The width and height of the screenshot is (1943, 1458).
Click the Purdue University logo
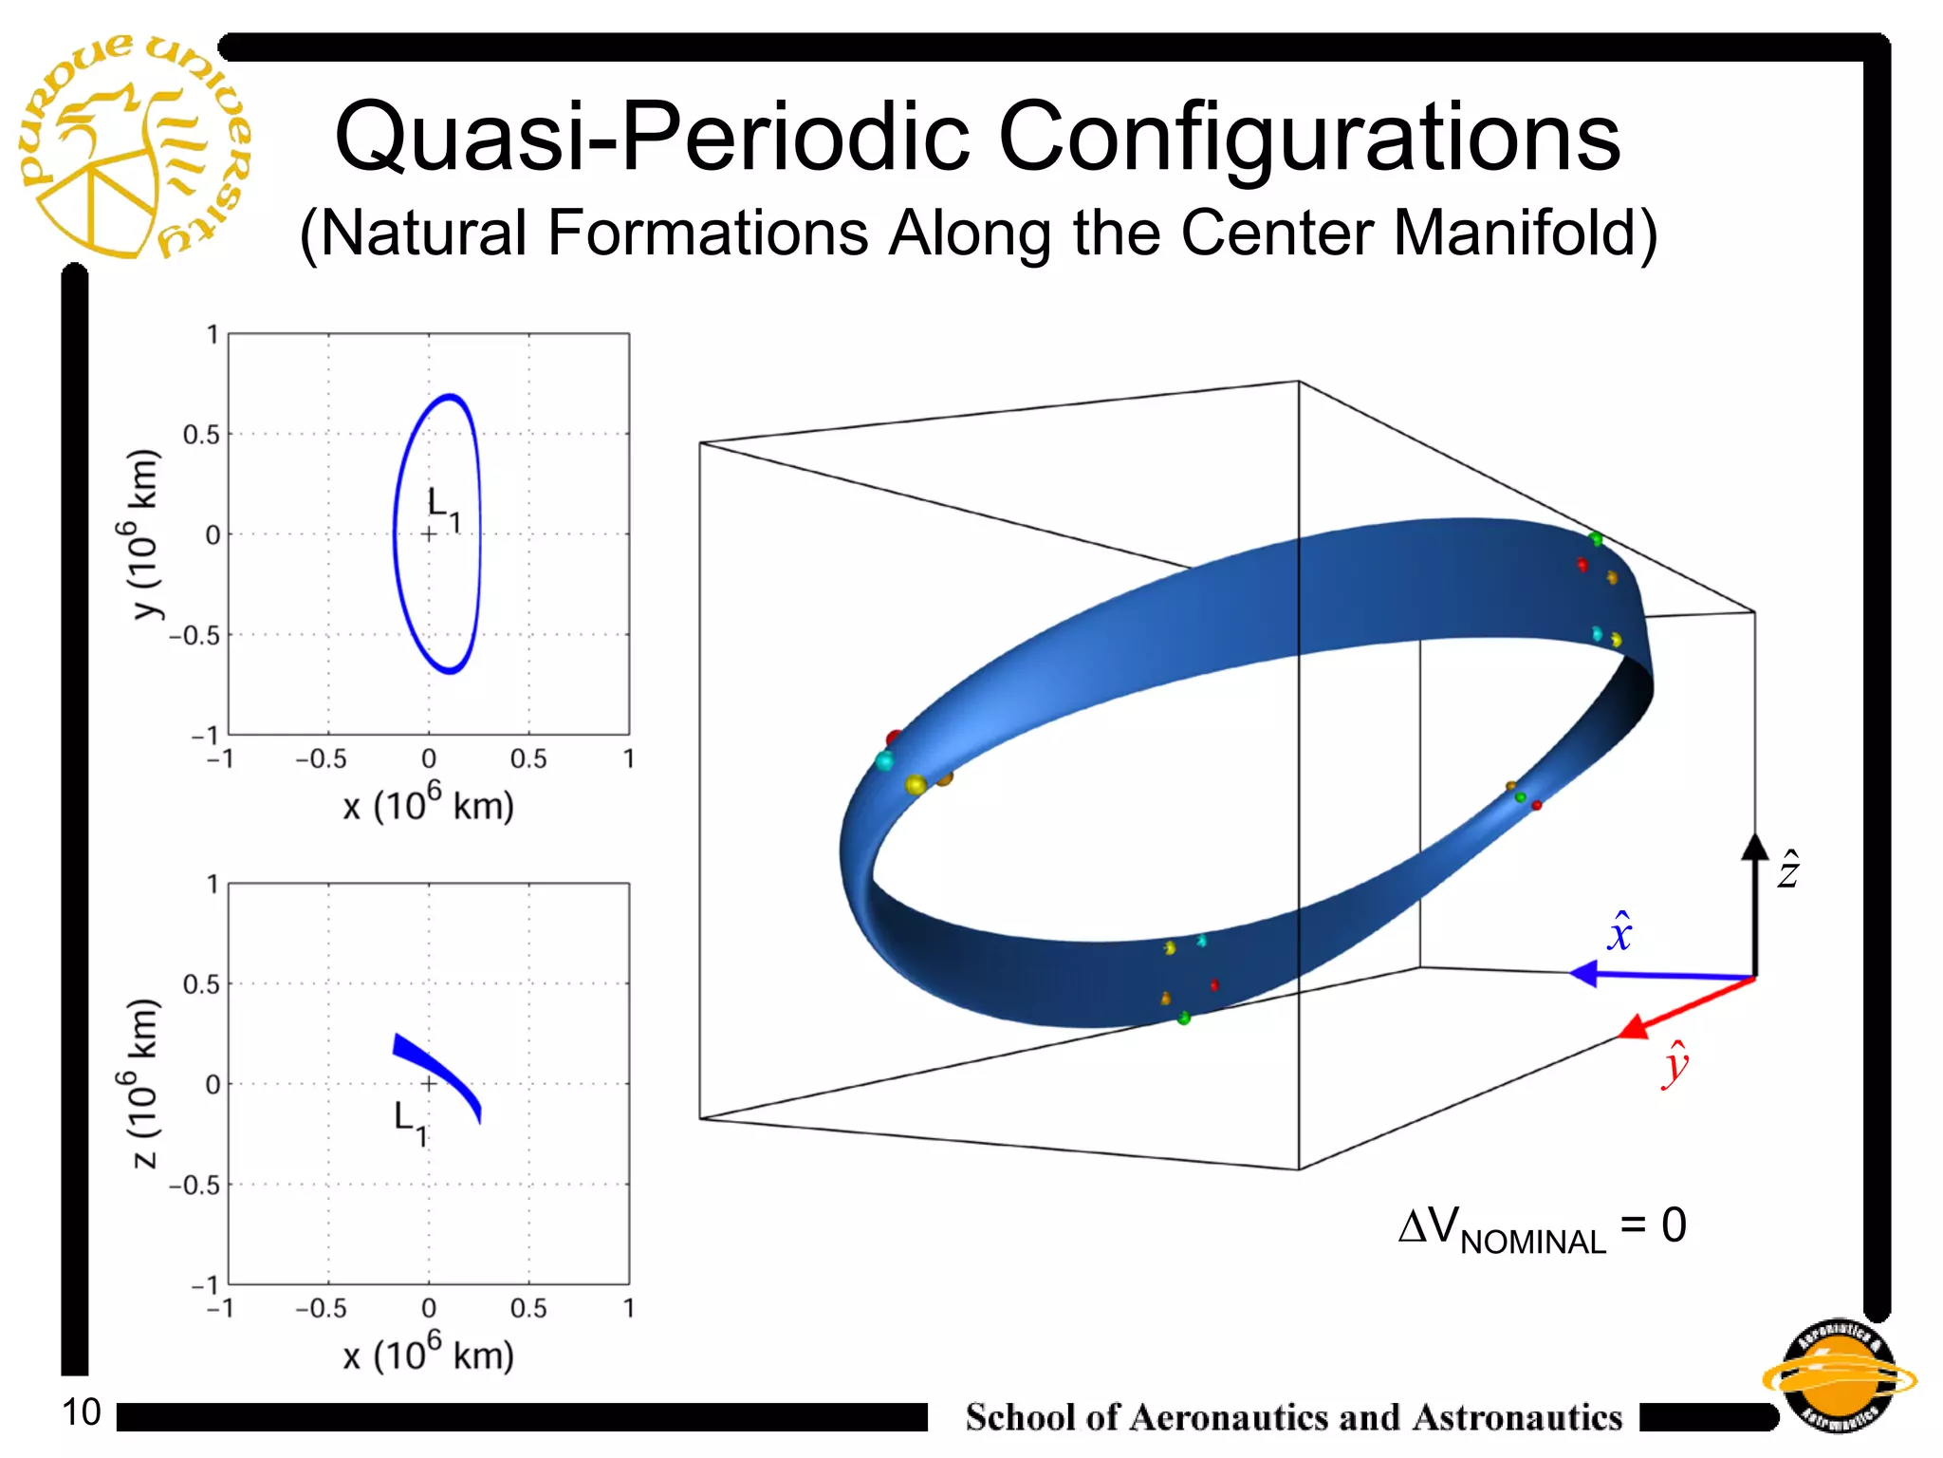click(133, 147)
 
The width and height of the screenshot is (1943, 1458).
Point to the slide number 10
click(82, 1412)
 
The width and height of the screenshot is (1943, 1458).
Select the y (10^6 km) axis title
click(145, 533)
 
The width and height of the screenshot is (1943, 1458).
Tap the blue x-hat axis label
click(1619, 932)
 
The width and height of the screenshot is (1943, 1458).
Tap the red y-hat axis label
click(1675, 1065)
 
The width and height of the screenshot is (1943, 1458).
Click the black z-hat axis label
click(1787, 869)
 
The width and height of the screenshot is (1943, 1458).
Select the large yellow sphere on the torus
click(916, 785)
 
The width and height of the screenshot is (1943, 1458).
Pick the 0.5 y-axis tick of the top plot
click(200, 435)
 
